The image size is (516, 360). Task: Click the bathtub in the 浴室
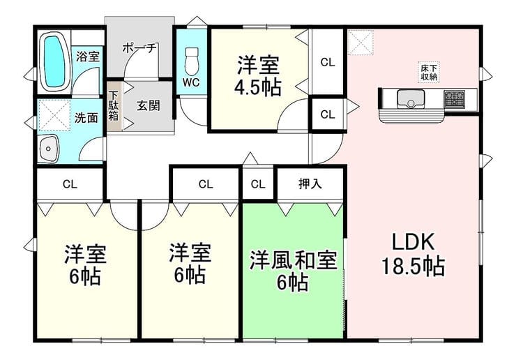click(x=54, y=61)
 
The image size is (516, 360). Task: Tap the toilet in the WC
click(x=192, y=61)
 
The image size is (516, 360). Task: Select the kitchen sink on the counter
click(x=411, y=98)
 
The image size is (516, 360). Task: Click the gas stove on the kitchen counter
click(x=455, y=98)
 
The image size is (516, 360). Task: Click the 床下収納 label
click(x=429, y=73)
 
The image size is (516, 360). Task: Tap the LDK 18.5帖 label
click(x=413, y=254)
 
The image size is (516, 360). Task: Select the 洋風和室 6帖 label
click(x=293, y=271)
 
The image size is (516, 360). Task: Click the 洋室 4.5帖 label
click(x=258, y=76)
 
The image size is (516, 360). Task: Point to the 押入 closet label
click(x=310, y=183)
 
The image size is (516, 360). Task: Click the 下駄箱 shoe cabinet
click(x=114, y=106)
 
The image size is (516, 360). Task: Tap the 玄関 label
click(x=149, y=106)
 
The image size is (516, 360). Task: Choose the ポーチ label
click(x=139, y=48)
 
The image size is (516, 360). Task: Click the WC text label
click(x=191, y=82)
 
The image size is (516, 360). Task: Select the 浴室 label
click(x=88, y=57)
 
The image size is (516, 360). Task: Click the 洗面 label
click(x=86, y=118)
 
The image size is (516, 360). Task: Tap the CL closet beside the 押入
click(x=258, y=183)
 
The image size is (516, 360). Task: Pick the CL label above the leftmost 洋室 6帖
click(x=70, y=184)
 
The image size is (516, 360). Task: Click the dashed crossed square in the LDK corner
click(x=361, y=42)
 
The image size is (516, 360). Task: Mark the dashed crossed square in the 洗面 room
click(x=54, y=115)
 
